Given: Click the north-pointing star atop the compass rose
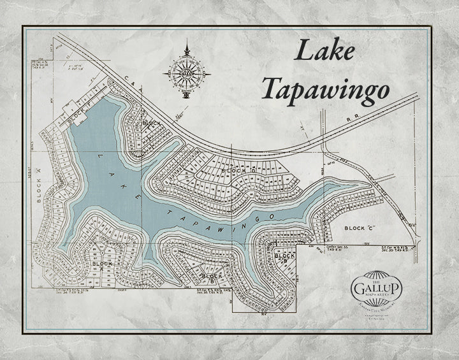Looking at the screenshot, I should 186,46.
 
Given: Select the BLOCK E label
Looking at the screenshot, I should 152,122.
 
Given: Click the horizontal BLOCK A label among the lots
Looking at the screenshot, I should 103,263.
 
